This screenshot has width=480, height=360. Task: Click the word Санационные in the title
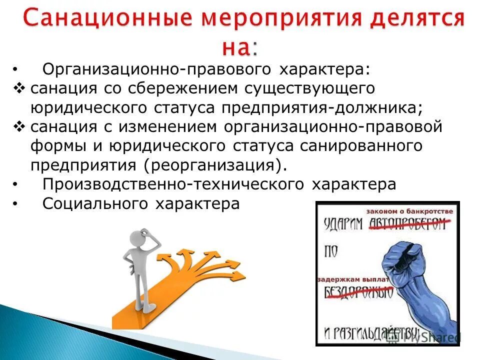tap(99, 19)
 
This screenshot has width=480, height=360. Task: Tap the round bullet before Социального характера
tap(16, 204)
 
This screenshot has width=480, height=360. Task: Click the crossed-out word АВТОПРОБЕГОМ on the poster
tap(406, 224)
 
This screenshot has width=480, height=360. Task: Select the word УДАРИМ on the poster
tap(343, 224)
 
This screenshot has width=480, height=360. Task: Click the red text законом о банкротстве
tap(412, 211)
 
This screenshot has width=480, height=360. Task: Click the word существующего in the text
tap(303, 88)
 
